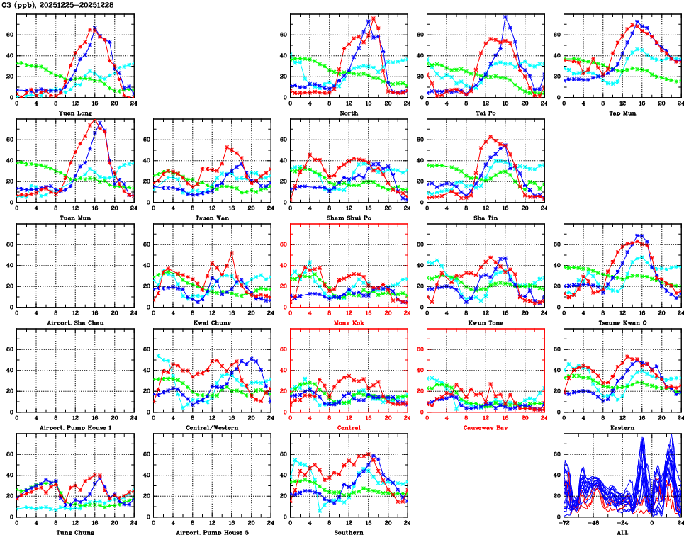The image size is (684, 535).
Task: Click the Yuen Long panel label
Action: click(x=75, y=113)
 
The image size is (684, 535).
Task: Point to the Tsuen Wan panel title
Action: click(x=212, y=218)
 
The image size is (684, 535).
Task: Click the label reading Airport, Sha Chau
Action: click(x=75, y=322)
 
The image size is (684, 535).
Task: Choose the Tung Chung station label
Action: click(x=75, y=532)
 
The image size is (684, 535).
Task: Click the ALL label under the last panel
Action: click(x=622, y=532)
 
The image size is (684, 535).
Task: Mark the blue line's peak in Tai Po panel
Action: click(x=505, y=16)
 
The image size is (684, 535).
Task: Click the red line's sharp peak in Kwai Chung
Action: click(x=232, y=252)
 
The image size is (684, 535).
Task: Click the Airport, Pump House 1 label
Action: click(x=75, y=428)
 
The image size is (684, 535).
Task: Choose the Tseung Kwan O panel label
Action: click(x=622, y=322)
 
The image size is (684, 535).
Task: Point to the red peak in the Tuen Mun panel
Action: click(x=95, y=120)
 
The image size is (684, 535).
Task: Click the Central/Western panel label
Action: click(x=212, y=428)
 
